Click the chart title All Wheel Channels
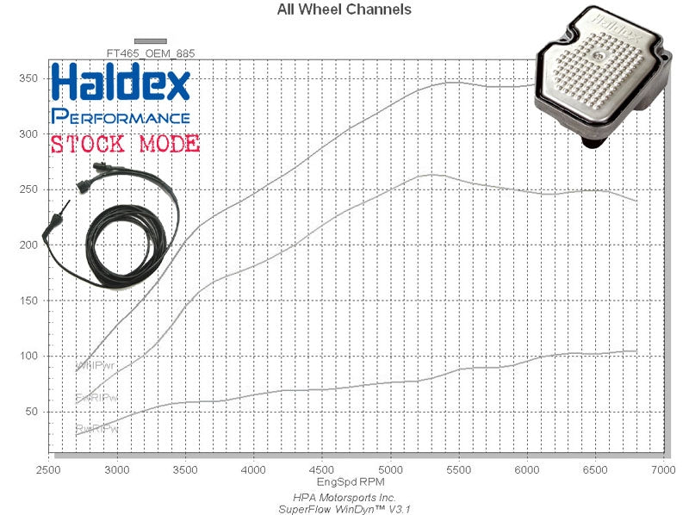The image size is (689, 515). click(344, 10)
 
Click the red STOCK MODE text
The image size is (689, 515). click(125, 144)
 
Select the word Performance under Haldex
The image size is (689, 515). click(121, 116)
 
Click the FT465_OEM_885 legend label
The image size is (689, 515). click(150, 53)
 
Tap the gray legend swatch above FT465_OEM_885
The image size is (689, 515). click(151, 40)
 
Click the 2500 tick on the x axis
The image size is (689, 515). click(48, 469)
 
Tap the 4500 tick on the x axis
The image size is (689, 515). click(321, 469)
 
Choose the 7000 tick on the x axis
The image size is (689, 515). click(662, 469)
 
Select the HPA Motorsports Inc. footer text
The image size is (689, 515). click(344, 498)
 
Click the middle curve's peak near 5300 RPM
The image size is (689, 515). click(431, 175)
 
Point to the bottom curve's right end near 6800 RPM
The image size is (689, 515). click(636, 351)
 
